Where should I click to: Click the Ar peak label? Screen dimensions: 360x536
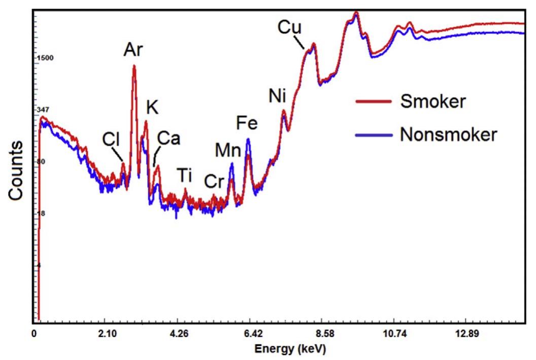pos(133,50)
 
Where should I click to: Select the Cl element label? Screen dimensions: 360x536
pos(112,139)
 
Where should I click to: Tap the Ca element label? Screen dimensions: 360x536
pos(168,138)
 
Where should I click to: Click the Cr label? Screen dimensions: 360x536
pos(214,181)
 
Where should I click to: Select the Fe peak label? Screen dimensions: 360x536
pos(247,123)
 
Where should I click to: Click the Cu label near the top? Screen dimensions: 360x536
pos(289,28)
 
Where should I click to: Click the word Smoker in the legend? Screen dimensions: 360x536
pos(432,102)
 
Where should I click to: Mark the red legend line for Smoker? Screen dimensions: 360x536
pos(373,102)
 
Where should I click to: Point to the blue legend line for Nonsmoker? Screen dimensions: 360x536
pos(373,135)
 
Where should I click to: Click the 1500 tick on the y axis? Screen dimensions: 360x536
pos(45,58)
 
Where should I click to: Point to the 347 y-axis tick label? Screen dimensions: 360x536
pos(44,110)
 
